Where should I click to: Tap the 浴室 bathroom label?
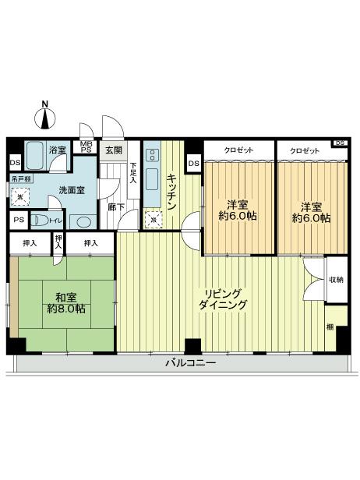(57, 150)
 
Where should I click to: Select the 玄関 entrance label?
(114, 150)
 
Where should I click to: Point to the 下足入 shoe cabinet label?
(133, 173)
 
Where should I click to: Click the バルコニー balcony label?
(190, 363)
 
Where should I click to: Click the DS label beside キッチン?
(194, 163)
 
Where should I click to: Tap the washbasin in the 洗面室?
(80, 221)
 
